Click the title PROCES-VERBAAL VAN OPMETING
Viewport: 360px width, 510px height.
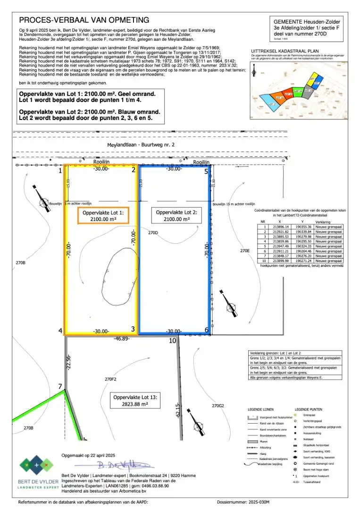pyautogui.click(x=84, y=20)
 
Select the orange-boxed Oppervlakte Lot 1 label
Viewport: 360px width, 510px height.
pyautogui.click(x=103, y=216)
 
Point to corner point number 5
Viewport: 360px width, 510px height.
pyautogui.click(x=206, y=171)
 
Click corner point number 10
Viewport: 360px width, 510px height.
pyautogui.click(x=172, y=340)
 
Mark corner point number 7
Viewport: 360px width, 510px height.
pyautogui.click(x=60, y=387)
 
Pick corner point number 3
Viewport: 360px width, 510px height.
pyautogui.click(x=133, y=329)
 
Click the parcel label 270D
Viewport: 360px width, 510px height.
pyautogui.click(x=153, y=233)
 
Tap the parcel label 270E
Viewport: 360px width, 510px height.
pyautogui.click(x=244, y=251)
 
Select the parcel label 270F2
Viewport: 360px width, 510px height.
pyautogui.click(x=111, y=379)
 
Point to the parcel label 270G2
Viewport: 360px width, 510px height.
pyautogui.click(x=218, y=406)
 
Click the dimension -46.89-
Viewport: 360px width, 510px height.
pyautogui.click(x=122, y=339)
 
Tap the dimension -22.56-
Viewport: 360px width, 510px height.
pyautogui.click(x=68, y=363)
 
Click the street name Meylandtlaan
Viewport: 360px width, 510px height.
pyautogui.click(x=122, y=145)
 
